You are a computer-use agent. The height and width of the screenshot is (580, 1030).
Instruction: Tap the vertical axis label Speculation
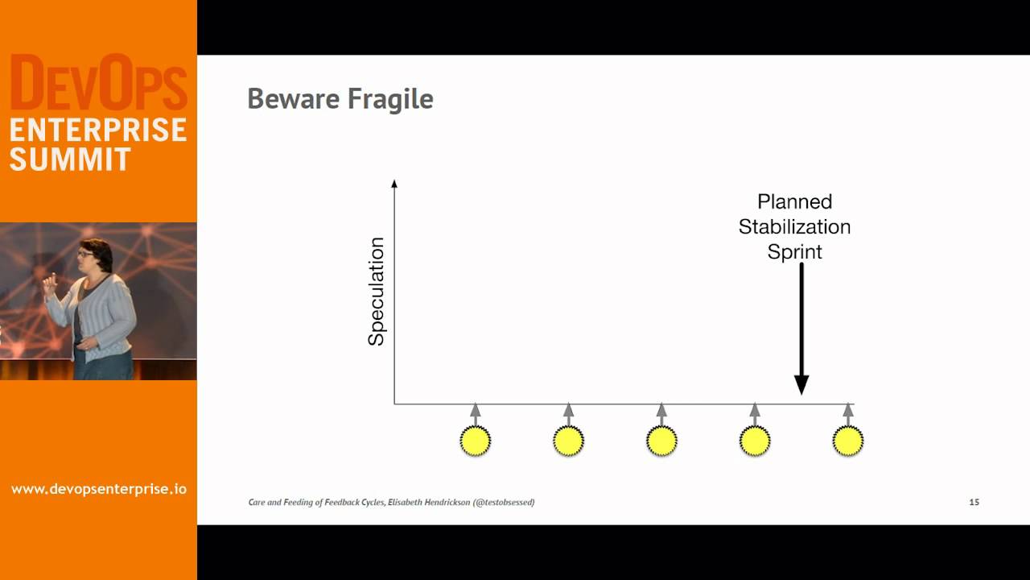[x=376, y=292]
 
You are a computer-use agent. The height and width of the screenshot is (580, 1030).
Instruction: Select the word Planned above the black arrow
[x=794, y=201]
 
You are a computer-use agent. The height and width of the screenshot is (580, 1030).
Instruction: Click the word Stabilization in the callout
[x=794, y=226]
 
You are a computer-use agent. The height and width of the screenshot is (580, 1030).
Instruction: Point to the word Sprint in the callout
[x=794, y=251]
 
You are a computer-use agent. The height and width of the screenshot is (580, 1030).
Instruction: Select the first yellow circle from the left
[x=475, y=441]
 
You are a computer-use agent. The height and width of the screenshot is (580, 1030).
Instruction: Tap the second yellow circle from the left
[x=568, y=441]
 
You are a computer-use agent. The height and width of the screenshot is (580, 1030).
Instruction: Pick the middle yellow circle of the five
[x=661, y=441]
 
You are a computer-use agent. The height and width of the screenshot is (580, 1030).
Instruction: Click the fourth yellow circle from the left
[x=755, y=441]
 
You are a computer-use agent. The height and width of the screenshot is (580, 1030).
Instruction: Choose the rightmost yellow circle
[x=847, y=441]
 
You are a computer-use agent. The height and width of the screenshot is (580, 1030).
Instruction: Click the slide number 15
[x=974, y=502]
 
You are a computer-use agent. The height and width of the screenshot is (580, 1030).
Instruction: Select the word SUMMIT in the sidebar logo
[x=70, y=159]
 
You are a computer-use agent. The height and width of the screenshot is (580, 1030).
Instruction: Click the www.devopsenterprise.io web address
[x=98, y=489]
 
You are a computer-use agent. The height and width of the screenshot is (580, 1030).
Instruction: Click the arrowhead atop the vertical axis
[x=394, y=184]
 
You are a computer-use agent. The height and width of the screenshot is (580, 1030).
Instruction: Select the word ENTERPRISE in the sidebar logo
[x=98, y=130]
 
